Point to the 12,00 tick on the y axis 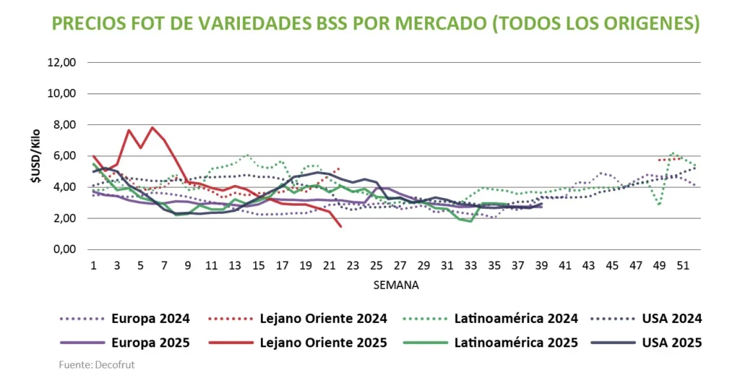tap(61, 63)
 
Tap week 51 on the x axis tap(681, 265)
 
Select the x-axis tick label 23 tap(353, 265)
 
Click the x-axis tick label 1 tap(94, 265)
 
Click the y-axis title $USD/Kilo tap(35, 155)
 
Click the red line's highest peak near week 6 tap(152, 128)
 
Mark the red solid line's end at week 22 tap(340, 226)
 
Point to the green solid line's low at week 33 tap(471, 221)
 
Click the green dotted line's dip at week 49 tap(658, 205)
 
